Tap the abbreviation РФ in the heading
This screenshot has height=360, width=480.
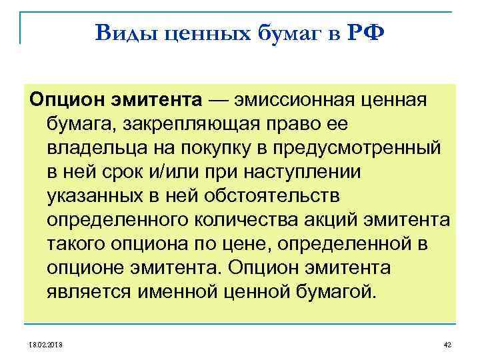pos(366,31)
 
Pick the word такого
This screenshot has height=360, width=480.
pos(77,243)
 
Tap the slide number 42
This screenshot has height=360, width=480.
pos(447,345)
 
